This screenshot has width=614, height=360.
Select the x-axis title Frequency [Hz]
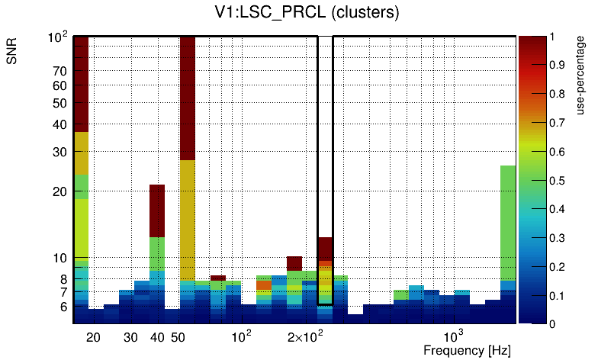click(467, 350)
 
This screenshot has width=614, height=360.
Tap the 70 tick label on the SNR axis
click(59, 72)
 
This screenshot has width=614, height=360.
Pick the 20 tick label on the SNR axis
click(59, 191)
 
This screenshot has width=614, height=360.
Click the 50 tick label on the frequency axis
click(178, 337)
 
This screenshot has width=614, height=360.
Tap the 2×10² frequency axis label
click(304, 337)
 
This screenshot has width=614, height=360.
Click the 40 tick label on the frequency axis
click(157, 337)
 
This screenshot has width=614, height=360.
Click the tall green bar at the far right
click(508, 221)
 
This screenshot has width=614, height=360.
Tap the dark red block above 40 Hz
click(157, 211)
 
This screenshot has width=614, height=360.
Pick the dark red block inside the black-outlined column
click(325, 248)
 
